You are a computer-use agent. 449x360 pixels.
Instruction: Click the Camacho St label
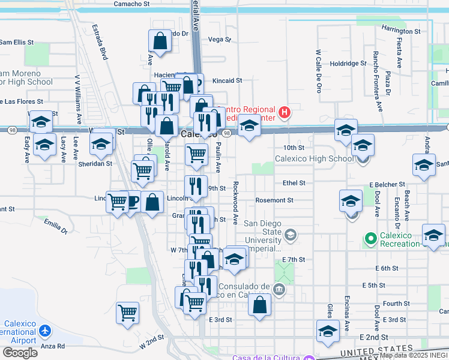[132, 4]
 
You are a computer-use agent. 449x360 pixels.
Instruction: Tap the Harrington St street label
[400, 31]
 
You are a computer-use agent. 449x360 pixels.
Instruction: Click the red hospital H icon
[285, 112]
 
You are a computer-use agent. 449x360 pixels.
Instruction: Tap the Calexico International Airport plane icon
[46, 331]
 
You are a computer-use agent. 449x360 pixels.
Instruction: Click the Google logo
[20, 353]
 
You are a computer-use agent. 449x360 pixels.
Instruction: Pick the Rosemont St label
[274, 200]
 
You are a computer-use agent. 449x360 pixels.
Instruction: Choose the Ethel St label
[294, 183]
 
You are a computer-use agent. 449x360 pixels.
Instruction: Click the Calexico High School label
[314, 159]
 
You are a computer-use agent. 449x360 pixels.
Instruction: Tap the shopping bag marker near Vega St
[160, 42]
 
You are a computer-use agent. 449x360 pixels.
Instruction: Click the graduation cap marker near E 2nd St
[328, 331]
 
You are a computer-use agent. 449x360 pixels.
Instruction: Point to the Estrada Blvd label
[100, 42]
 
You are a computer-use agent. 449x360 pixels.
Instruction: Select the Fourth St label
[396, 304]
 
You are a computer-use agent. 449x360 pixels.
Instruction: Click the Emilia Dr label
[55, 226]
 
